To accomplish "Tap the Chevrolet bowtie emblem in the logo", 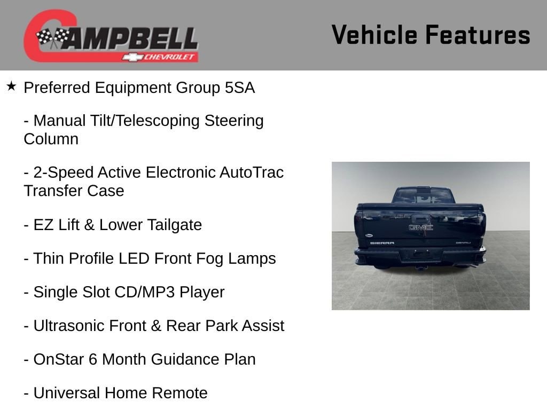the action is (x=132, y=57).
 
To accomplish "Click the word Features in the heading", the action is (x=478, y=35).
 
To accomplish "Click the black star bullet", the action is (x=11, y=86).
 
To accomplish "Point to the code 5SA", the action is (x=240, y=88).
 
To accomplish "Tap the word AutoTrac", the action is (x=252, y=172).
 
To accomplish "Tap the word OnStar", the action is (x=59, y=359).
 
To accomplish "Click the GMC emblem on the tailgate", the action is (x=421, y=227).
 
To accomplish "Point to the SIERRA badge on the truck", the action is (x=382, y=243).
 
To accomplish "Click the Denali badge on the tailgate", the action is (x=463, y=243).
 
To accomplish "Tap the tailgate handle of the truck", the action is (x=421, y=219).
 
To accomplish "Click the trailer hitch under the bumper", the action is (x=421, y=268).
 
